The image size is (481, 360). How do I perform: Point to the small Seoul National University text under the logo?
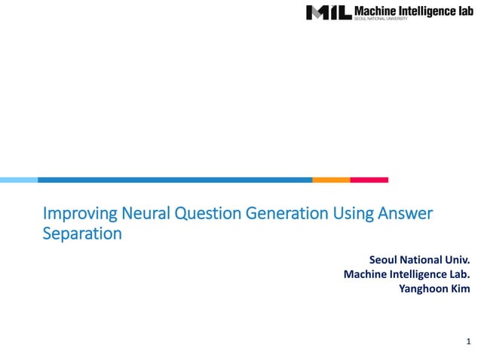pos(381,20)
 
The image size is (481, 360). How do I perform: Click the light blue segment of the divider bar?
pos(18,180)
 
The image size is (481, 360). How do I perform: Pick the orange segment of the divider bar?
pos(331,180)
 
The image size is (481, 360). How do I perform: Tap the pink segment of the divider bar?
pos(369,180)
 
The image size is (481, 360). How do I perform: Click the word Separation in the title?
pos(81,233)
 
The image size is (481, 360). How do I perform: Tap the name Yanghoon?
pos(421,288)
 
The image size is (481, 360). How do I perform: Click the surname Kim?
pos(460,288)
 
